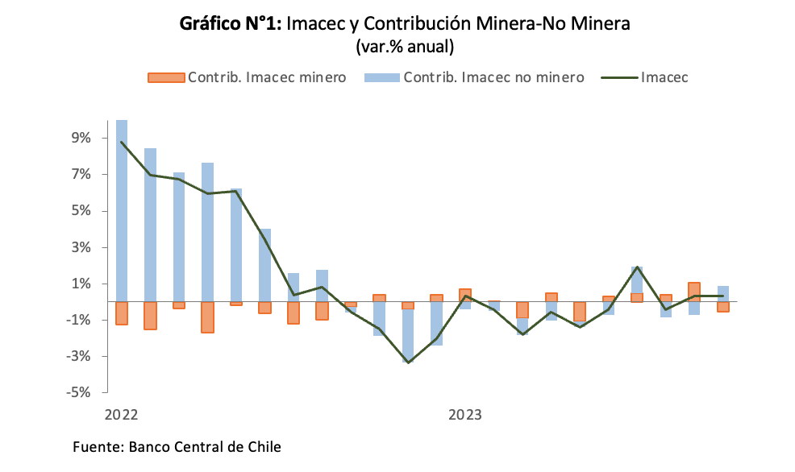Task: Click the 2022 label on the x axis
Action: [x=122, y=416]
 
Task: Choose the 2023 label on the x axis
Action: [x=465, y=416]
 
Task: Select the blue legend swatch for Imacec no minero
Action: [x=381, y=77]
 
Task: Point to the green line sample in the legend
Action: [x=619, y=77]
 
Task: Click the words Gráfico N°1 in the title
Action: [x=229, y=24]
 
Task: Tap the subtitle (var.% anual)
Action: [x=405, y=48]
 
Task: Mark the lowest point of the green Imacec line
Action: [x=408, y=362]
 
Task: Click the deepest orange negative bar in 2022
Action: [x=207, y=317]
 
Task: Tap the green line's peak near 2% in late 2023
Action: [x=637, y=267]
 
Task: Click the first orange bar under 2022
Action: [x=122, y=313]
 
